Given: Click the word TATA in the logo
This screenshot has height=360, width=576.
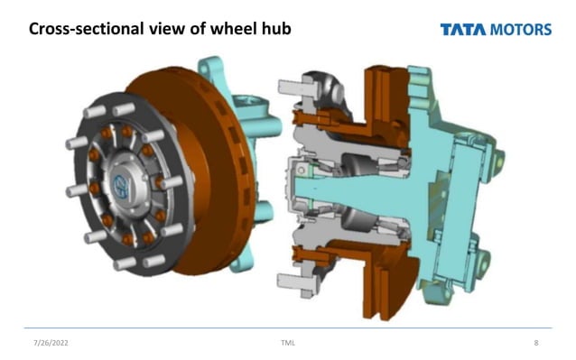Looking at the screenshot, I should pos(462,30).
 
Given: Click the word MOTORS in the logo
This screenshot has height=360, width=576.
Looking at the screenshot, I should pos(520,30).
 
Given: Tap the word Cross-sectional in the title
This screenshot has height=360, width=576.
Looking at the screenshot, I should pos(80,30).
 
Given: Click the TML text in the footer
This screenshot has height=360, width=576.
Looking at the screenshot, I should pos(288,343).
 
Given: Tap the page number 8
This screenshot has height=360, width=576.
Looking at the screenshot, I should pos(536,343).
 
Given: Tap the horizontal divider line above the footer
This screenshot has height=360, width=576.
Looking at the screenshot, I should pos(288,328).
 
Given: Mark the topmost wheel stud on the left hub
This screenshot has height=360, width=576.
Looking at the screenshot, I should pos(121,110).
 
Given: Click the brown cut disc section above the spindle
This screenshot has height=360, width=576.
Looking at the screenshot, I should pos(375,99).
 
